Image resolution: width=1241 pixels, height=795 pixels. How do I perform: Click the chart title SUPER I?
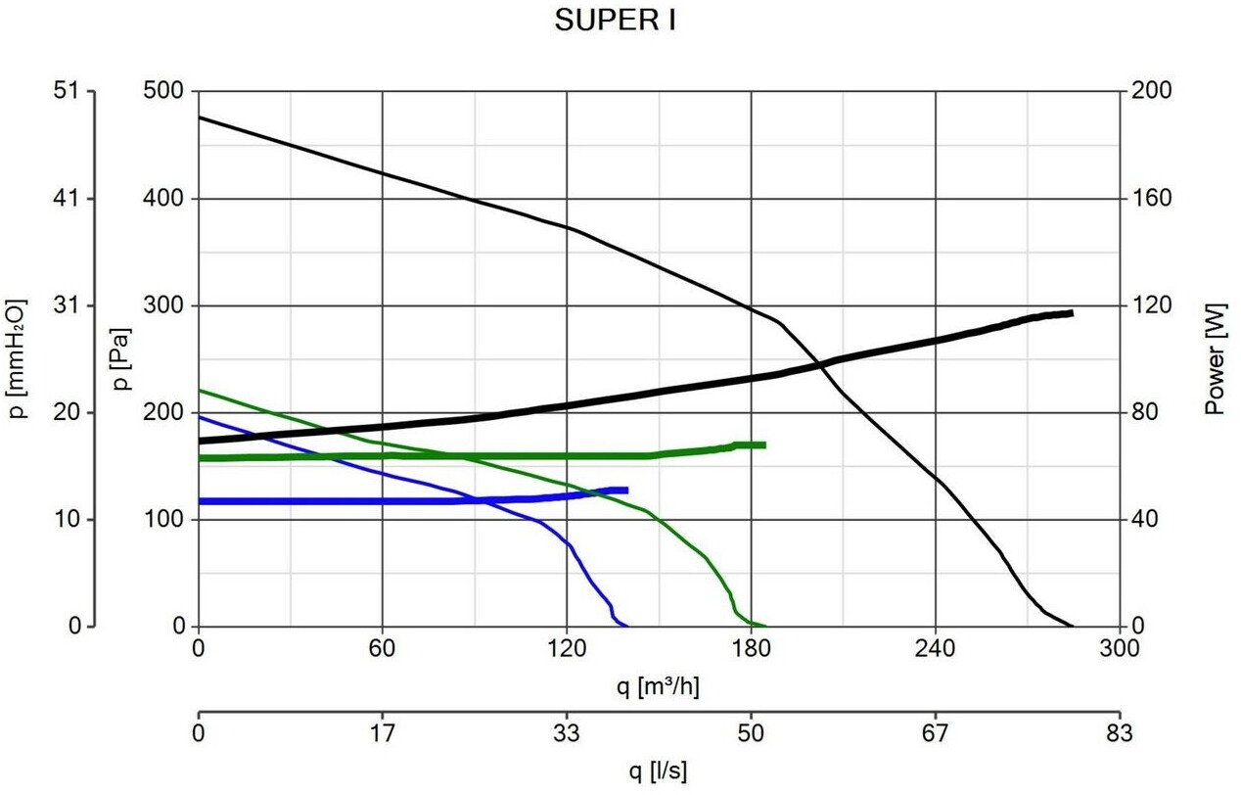pyautogui.click(x=615, y=22)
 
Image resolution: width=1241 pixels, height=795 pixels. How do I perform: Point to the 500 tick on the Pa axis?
pyautogui.click(x=169, y=91)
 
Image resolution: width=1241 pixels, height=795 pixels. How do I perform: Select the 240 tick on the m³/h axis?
pyautogui.click(x=936, y=648)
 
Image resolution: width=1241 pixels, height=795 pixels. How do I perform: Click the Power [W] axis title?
pyautogui.click(x=1216, y=358)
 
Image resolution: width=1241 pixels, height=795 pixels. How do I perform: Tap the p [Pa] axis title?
pyautogui.click(x=121, y=358)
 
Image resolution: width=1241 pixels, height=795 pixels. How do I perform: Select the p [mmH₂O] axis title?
pyautogui.click(x=18, y=358)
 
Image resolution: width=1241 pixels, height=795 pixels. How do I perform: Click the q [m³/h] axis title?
pyautogui.click(x=659, y=687)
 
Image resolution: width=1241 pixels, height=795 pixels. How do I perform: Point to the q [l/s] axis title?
pyautogui.click(x=659, y=772)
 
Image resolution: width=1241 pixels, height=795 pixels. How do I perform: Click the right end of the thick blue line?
pyautogui.click(x=626, y=490)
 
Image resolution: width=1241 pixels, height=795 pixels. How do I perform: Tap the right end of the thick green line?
pyautogui.click(x=763, y=444)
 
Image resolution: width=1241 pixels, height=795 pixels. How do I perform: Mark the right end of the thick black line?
pyautogui.click(x=1072, y=313)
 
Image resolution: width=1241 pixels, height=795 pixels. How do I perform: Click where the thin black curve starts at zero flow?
pyautogui.click(x=199, y=117)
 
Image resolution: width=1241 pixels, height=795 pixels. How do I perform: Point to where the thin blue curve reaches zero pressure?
pyautogui.click(x=626, y=626)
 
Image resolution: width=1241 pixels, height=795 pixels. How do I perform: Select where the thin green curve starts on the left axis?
pyautogui.click(x=199, y=390)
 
